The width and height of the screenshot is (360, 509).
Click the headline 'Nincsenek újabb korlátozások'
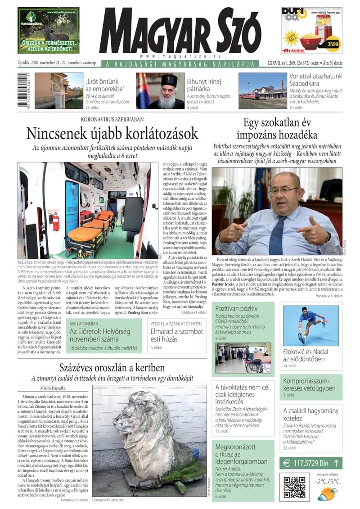tap(112, 134)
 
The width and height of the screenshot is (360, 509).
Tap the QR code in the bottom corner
tap(295, 486)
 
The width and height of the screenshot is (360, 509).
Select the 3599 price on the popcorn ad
tap(333, 44)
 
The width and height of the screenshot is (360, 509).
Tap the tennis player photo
tap(311, 325)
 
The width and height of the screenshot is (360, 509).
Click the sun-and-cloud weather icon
tap(327, 495)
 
